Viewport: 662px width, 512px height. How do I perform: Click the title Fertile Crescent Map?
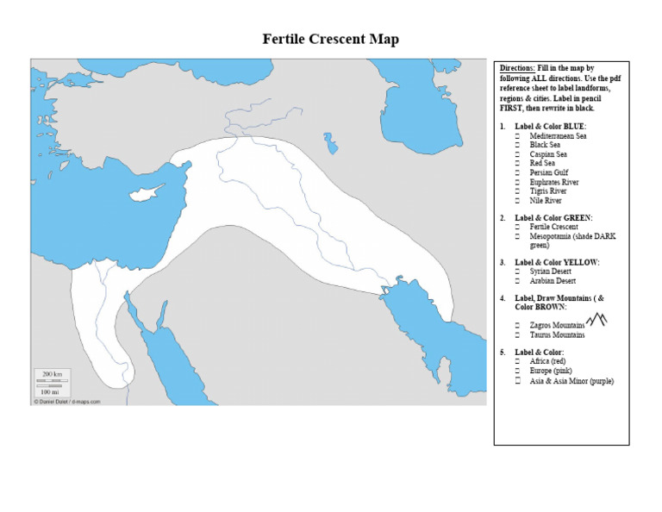(x=331, y=40)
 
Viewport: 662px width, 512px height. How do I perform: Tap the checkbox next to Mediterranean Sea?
(x=518, y=136)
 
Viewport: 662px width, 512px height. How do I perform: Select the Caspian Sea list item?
(x=549, y=154)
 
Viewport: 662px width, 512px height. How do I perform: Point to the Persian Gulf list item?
(x=550, y=172)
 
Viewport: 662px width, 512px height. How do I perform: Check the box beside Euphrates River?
(x=518, y=182)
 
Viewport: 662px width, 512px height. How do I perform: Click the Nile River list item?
(x=546, y=200)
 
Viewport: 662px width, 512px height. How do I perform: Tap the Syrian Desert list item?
(x=552, y=272)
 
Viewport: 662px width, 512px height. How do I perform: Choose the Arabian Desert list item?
(x=553, y=281)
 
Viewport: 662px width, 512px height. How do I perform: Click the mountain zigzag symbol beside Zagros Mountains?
(x=596, y=321)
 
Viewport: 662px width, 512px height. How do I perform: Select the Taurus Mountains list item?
(x=557, y=334)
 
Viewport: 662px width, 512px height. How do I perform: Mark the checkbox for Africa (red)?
(x=518, y=362)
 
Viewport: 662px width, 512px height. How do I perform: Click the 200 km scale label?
(x=52, y=374)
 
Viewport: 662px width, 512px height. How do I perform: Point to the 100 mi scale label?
(x=51, y=391)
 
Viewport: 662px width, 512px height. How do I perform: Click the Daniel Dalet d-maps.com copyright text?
(x=67, y=402)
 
